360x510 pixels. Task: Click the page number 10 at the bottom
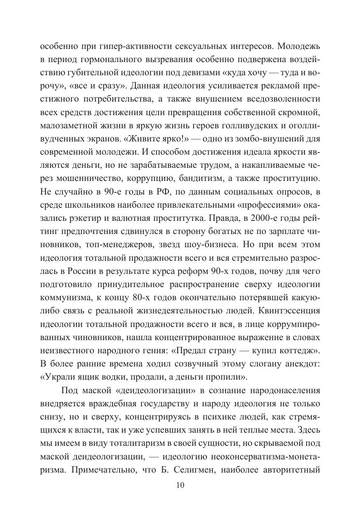(x=180, y=485)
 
